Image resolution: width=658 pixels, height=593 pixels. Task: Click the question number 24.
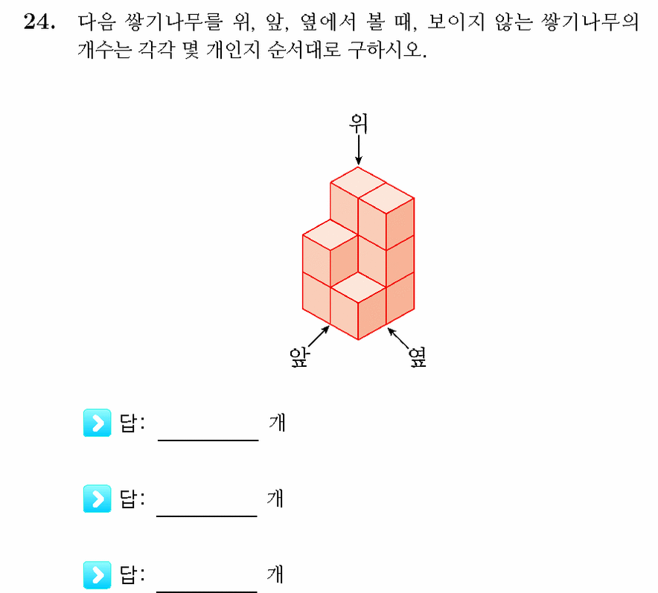point(39,22)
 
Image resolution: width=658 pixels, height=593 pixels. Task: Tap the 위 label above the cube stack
point(358,124)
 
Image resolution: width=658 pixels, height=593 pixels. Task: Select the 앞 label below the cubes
point(300,358)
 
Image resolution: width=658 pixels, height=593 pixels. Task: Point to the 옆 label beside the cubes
point(418,357)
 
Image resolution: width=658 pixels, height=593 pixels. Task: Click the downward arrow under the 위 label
point(358,150)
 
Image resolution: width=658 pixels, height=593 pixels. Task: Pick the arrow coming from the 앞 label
point(319,336)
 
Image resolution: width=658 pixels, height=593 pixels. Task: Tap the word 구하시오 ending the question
point(387,50)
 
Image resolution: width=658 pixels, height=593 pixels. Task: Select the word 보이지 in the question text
point(456,22)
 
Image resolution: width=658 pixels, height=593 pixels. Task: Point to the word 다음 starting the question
point(96,22)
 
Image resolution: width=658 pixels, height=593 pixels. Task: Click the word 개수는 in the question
point(104,50)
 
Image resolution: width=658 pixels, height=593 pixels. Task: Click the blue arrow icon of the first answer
point(98,423)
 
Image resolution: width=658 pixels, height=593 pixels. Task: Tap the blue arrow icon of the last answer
point(98,575)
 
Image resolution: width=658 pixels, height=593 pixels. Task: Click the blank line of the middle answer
point(206,516)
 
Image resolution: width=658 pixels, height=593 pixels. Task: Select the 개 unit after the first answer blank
point(277,423)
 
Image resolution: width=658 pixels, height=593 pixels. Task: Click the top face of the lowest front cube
point(358,287)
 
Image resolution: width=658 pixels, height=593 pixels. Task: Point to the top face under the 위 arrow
point(358,182)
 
